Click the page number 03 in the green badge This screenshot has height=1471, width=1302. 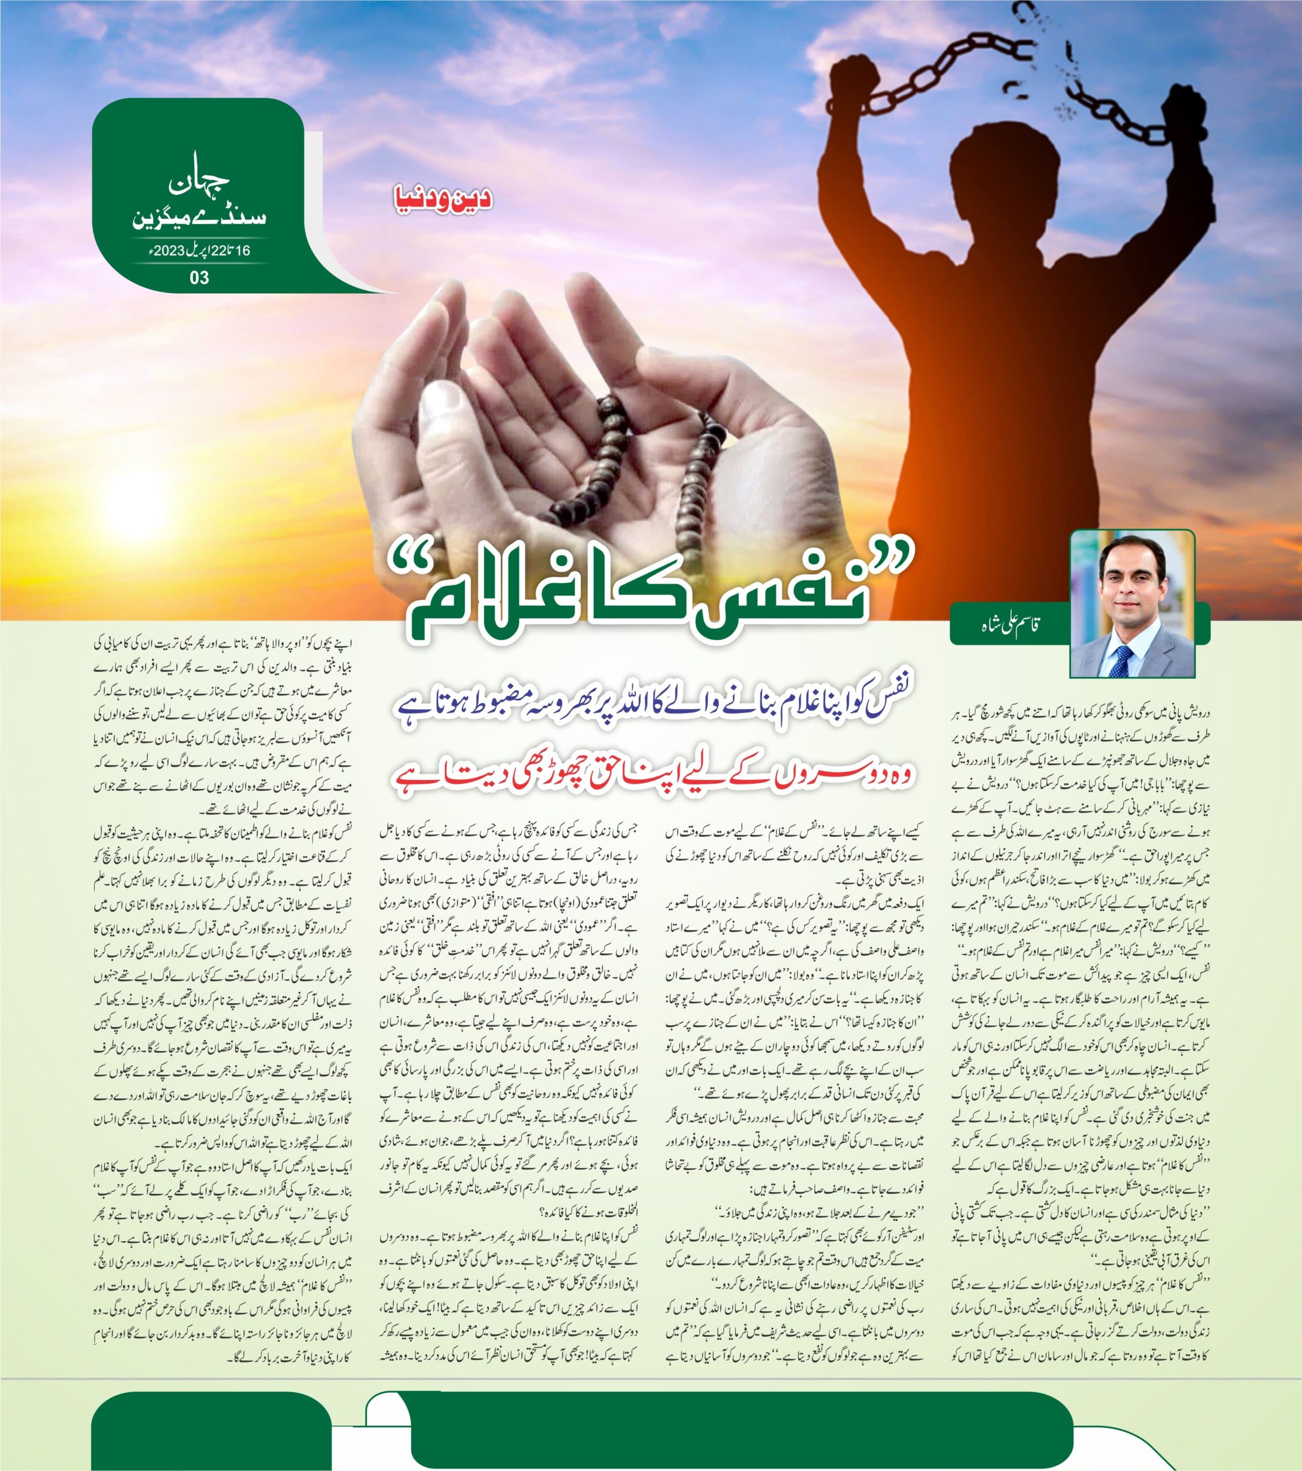[x=199, y=277]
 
